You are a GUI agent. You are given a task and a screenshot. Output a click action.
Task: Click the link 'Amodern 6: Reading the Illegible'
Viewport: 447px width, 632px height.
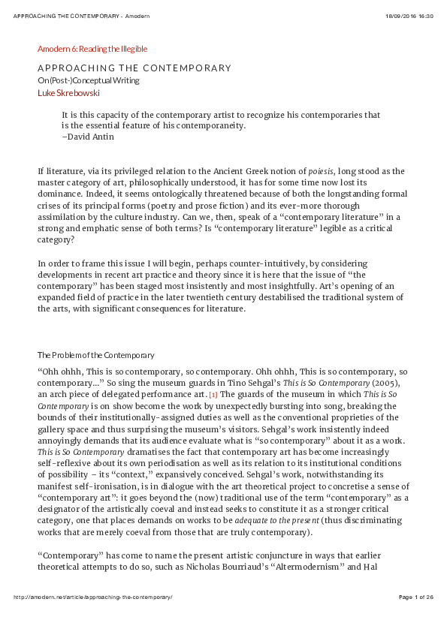click(x=92, y=49)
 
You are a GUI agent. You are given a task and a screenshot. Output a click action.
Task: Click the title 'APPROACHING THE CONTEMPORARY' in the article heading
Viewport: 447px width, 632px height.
click(x=134, y=68)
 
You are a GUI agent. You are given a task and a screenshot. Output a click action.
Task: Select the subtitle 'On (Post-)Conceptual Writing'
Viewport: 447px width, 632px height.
click(x=89, y=80)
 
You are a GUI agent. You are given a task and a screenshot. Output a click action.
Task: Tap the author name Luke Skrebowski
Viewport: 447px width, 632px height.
click(x=68, y=93)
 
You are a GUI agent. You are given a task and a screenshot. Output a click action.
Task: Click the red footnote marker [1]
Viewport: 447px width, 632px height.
click(x=213, y=394)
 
